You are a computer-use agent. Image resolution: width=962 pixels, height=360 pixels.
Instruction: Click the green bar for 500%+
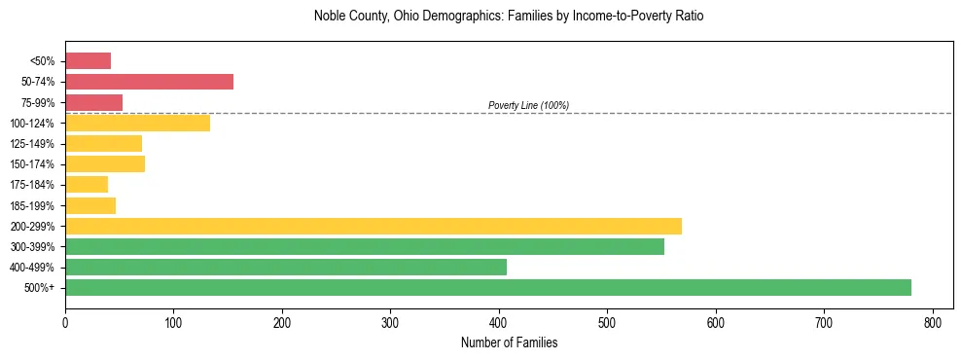pyautogui.click(x=487, y=287)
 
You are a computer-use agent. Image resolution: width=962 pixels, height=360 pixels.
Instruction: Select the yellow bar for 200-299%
pyautogui.click(x=373, y=226)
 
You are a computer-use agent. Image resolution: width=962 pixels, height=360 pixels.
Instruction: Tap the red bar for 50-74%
pyautogui.click(x=149, y=82)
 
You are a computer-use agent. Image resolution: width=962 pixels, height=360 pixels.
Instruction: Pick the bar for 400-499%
pyautogui.click(x=285, y=267)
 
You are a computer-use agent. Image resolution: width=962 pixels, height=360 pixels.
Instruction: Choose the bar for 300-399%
pyautogui.click(x=364, y=246)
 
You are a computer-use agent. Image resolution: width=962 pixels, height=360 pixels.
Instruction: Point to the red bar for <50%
pyautogui.click(x=88, y=61)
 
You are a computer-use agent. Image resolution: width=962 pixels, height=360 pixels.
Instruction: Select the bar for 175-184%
pyautogui.click(x=87, y=185)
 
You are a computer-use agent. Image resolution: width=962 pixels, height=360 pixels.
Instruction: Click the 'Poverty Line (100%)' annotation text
pyautogui.click(x=528, y=105)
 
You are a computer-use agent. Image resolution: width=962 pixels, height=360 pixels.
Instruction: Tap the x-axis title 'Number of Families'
pyautogui.click(x=509, y=342)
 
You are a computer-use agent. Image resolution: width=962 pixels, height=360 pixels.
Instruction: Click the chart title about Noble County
pyautogui.click(x=508, y=17)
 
